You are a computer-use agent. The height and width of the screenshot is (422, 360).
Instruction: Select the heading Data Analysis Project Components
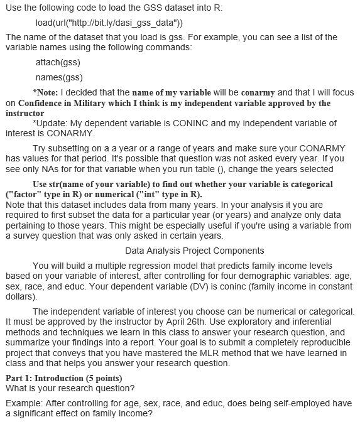tap(186, 250)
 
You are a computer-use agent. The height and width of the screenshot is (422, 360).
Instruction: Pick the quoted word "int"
tap(161, 194)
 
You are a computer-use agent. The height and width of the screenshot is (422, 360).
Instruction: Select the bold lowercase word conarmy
tap(256, 93)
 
